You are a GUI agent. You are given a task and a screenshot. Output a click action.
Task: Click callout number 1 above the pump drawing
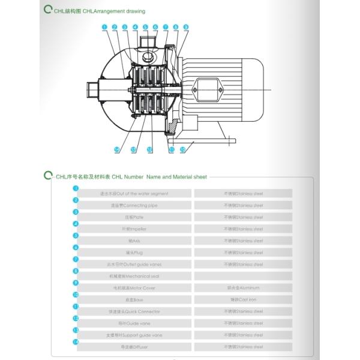[104, 27]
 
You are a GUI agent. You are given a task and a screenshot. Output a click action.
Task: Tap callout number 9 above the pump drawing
[186, 27]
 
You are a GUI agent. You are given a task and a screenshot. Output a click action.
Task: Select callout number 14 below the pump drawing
[117, 149]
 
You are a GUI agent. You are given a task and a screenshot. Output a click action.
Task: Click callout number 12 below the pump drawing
[150, 149]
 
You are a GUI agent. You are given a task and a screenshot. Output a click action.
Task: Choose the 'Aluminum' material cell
[243, 288]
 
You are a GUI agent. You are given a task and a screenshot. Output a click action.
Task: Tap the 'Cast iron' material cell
[243, 299]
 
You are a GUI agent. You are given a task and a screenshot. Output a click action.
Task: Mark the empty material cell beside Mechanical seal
[243, 276]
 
